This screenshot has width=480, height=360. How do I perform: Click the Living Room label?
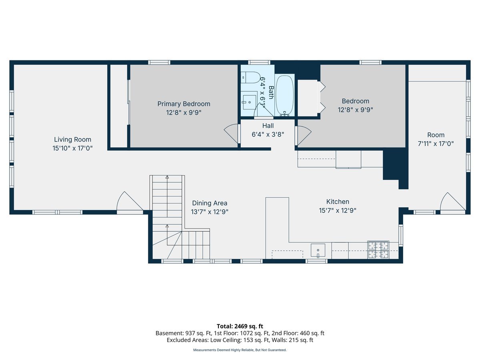72,140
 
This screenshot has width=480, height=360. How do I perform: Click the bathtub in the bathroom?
284,95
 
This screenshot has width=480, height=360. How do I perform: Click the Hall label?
268,126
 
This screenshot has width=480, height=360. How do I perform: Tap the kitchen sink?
318,250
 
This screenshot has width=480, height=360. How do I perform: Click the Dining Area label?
210,203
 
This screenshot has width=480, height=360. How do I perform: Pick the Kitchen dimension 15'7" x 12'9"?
338,210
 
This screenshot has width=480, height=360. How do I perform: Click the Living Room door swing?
128,202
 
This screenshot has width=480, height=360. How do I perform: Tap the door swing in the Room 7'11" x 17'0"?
451,202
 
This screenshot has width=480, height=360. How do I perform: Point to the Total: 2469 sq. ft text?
240,326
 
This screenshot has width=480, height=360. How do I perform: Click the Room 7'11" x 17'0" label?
436,135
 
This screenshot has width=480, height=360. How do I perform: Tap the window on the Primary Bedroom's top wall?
159,62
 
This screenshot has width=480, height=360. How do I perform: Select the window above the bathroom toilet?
259,62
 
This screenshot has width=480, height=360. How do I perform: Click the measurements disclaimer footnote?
240,350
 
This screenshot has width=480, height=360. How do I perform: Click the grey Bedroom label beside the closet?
355,101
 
